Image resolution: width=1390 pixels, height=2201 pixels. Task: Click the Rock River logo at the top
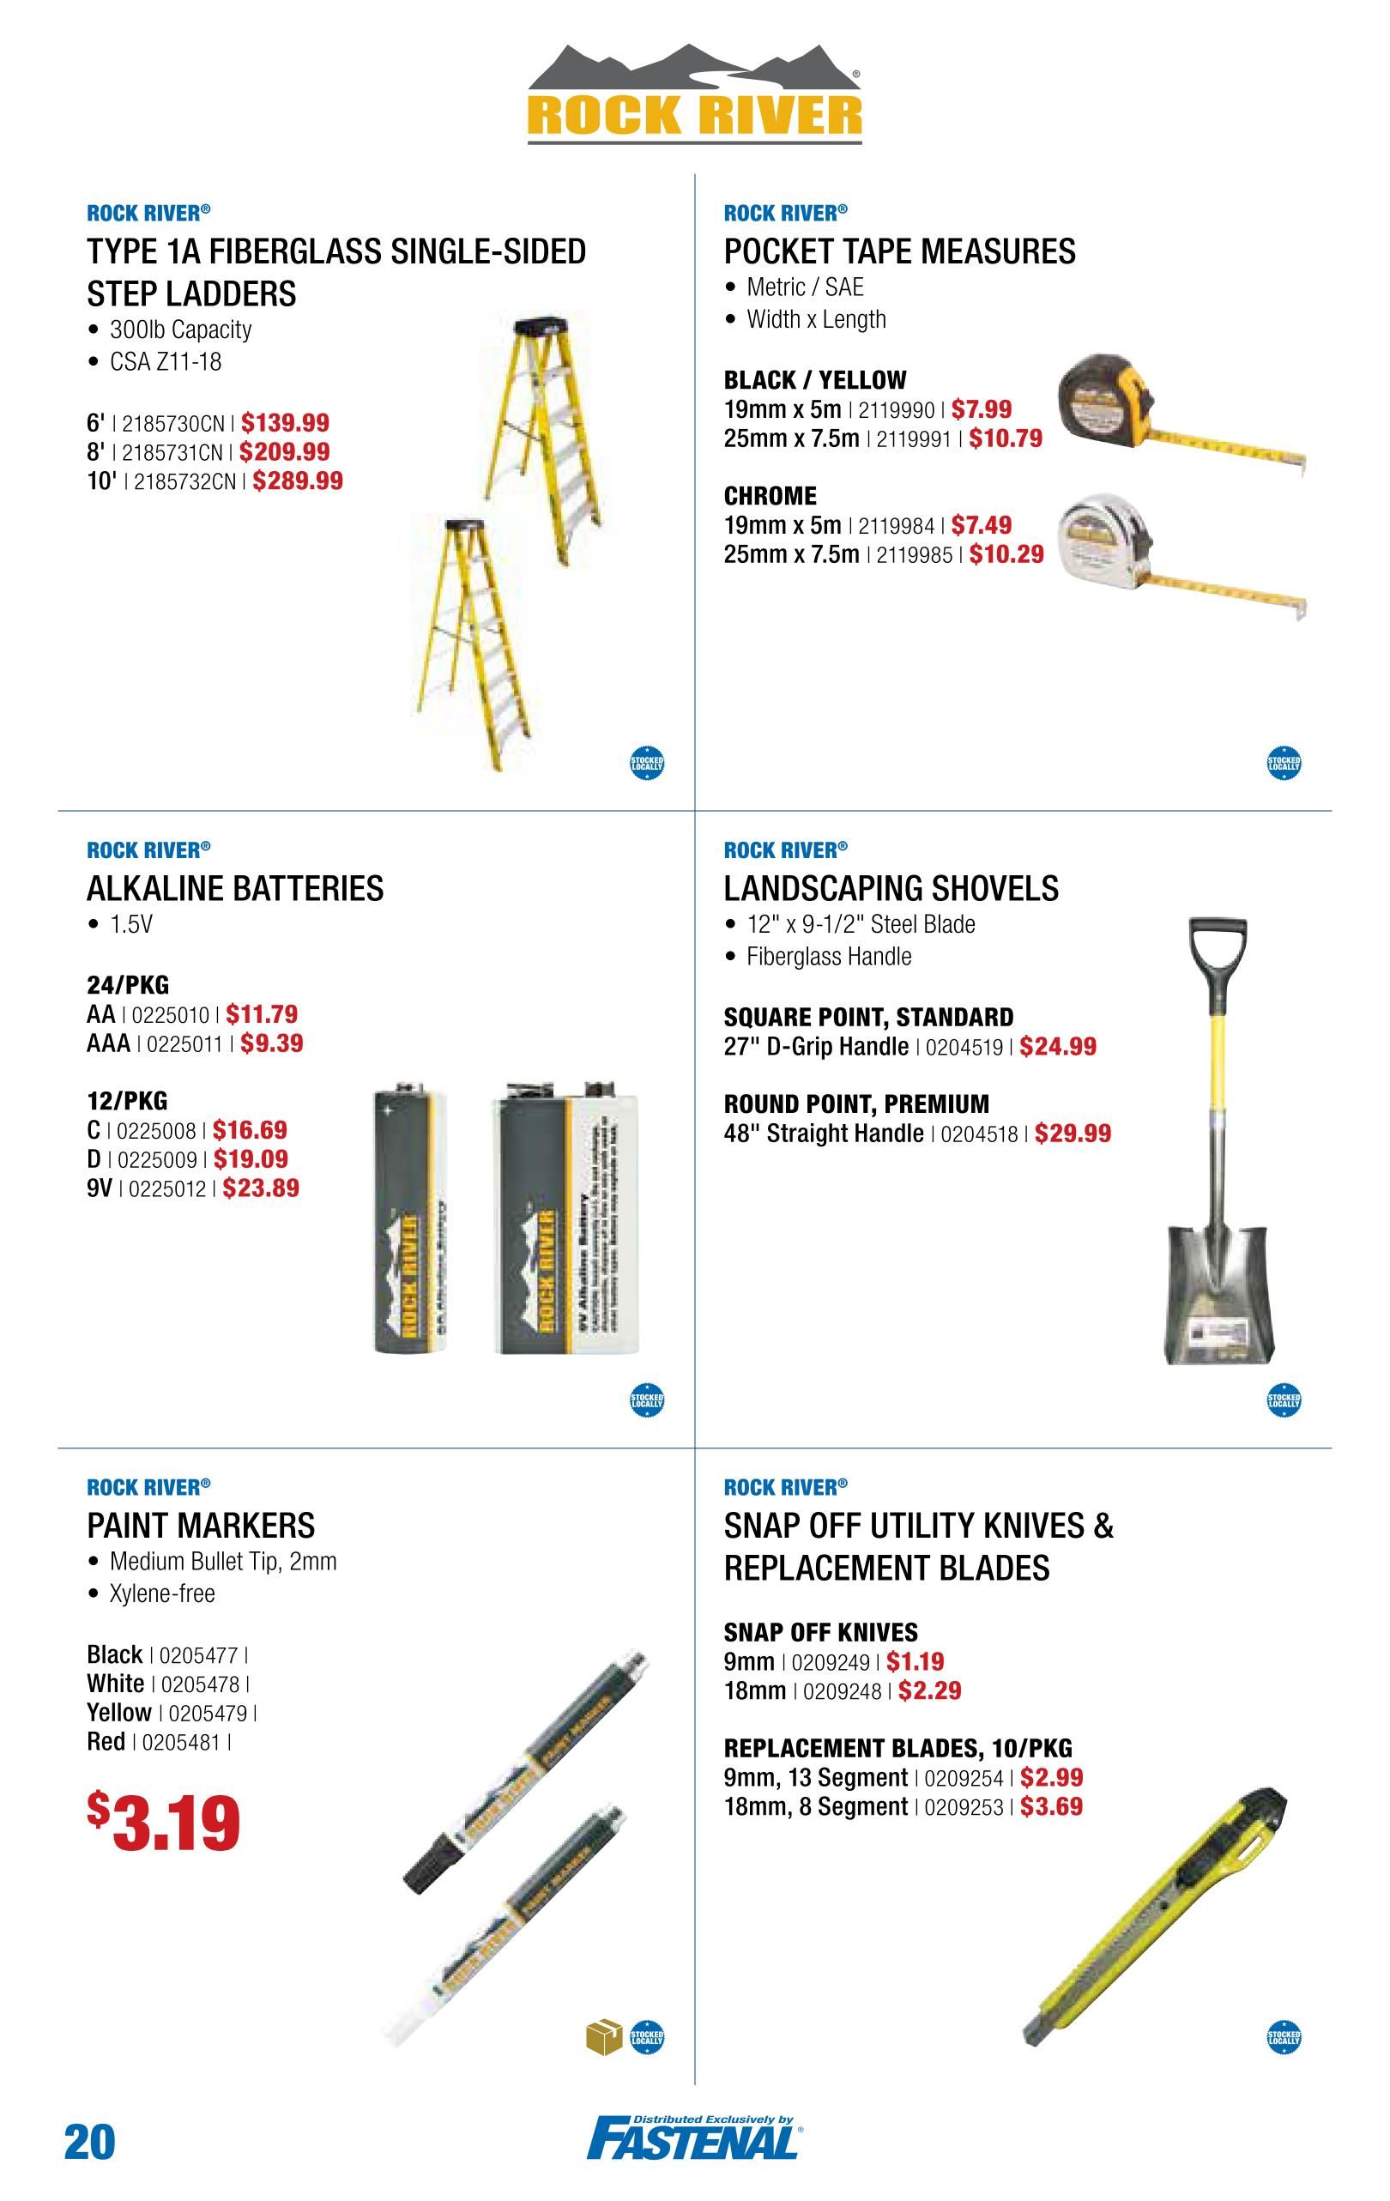pos(694,95)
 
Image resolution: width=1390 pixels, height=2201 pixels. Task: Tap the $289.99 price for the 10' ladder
pos(298,481)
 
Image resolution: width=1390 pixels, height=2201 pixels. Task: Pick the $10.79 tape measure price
pos(1006,438)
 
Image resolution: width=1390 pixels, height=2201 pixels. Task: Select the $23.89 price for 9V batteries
pos(261,1188)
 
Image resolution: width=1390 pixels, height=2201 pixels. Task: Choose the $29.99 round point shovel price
pos(1073,1134)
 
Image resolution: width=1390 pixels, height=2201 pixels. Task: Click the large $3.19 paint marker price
pos(165,1822)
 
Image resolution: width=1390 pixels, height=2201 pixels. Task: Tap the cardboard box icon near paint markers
pos(602,2035)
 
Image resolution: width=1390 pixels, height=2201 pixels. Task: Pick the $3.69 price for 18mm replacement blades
pos(1051,1806)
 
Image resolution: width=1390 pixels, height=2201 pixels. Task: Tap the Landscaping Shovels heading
pos(891,888)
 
